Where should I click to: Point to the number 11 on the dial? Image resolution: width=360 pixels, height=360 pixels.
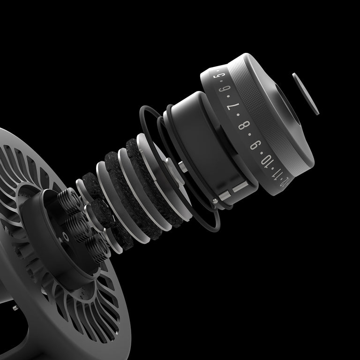(x=277, y=179)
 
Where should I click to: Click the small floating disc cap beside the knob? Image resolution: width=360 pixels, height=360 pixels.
(x=305, y=93)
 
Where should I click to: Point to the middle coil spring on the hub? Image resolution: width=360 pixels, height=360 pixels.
(x=77, y=223)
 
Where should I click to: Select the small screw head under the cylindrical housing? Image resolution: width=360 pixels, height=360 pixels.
(x=215, y=201)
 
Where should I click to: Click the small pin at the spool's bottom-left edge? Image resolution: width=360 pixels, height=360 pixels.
(x=15, y=307)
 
